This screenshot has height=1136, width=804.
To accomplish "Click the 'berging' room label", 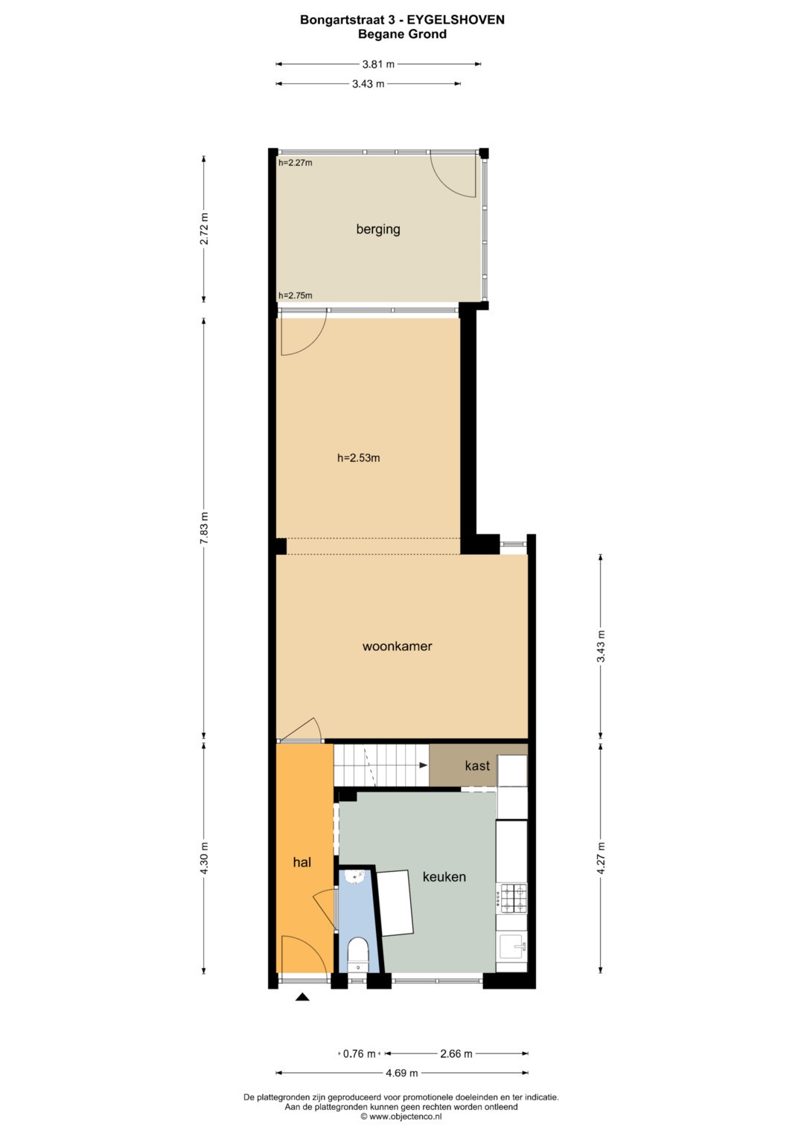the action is [378, 229].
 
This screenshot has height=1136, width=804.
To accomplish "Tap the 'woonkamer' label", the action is [397, 646].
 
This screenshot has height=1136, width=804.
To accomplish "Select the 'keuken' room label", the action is [444, 876].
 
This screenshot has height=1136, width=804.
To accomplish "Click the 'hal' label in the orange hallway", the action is [302, 862].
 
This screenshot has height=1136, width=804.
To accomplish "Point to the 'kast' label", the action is [477, 766].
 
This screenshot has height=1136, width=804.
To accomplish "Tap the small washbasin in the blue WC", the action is [357, 876].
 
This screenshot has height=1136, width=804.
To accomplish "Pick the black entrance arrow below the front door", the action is [302, 997].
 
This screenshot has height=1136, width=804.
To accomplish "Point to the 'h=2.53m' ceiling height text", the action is [358, 458].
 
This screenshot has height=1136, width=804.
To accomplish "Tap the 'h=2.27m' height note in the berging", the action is [296, 163].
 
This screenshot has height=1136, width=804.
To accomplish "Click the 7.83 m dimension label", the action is [204, 528].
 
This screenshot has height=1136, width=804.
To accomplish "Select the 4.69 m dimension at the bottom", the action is [401, 1073].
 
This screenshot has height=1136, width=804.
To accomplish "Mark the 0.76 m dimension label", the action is [360, 1054].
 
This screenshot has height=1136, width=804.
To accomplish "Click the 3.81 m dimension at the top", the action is [378, 65].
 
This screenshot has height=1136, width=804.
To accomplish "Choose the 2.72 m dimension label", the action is [204, 228].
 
